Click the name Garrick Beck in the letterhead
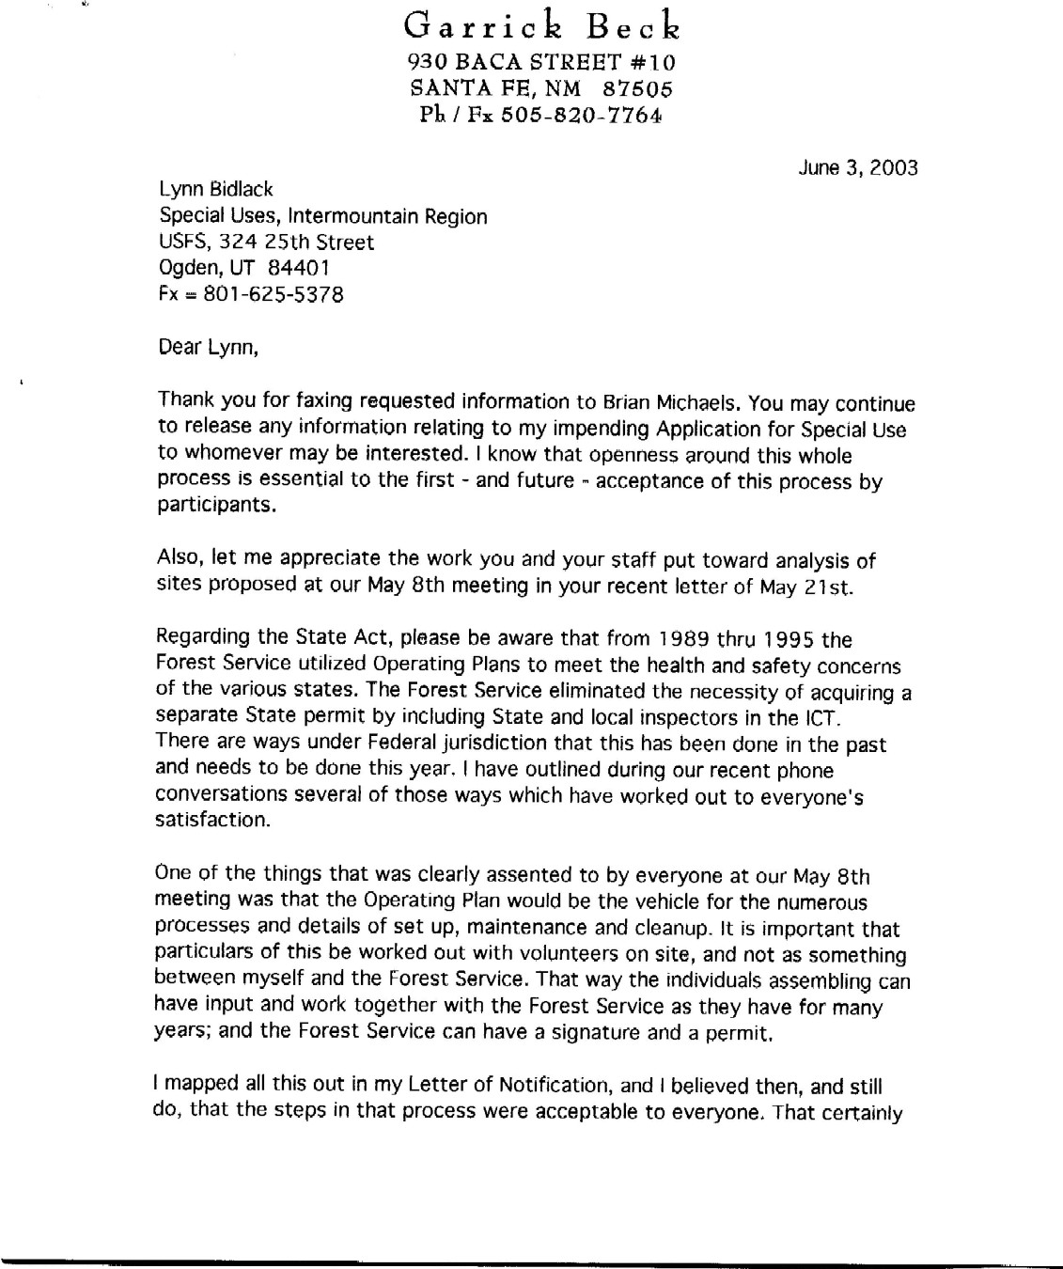(540, 26)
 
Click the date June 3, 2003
(858, 168)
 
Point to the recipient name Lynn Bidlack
(217, 191)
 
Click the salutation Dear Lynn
(208, 348)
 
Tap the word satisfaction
(210, 821)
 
